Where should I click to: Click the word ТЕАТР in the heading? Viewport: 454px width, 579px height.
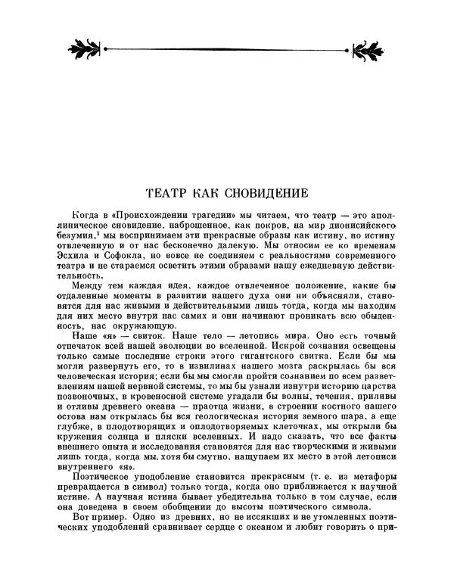(166, 194)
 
